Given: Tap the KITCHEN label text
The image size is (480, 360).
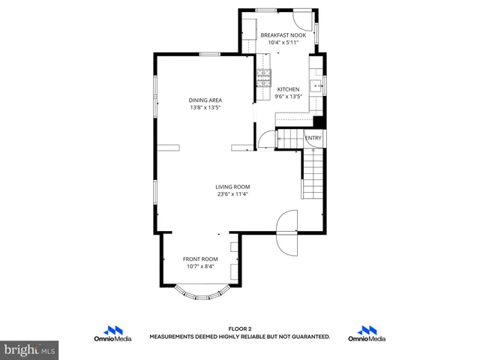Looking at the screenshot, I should [289, 88].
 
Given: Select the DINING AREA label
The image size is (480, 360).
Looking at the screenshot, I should [205, 100].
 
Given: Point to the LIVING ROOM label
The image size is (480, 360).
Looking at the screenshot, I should [232, 187].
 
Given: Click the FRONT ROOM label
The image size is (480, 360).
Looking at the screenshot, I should [200, 259].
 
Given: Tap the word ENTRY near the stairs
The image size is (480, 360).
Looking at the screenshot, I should [313, 138].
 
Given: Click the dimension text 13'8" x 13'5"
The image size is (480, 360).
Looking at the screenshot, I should [205, 107].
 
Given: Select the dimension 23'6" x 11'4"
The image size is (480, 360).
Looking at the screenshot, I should [232, 194].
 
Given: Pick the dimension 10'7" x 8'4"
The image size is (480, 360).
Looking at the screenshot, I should [200, 266].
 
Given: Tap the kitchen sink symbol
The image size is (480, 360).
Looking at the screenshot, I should [317, 85].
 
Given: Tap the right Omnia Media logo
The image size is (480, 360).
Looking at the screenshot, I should [367, 334].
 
